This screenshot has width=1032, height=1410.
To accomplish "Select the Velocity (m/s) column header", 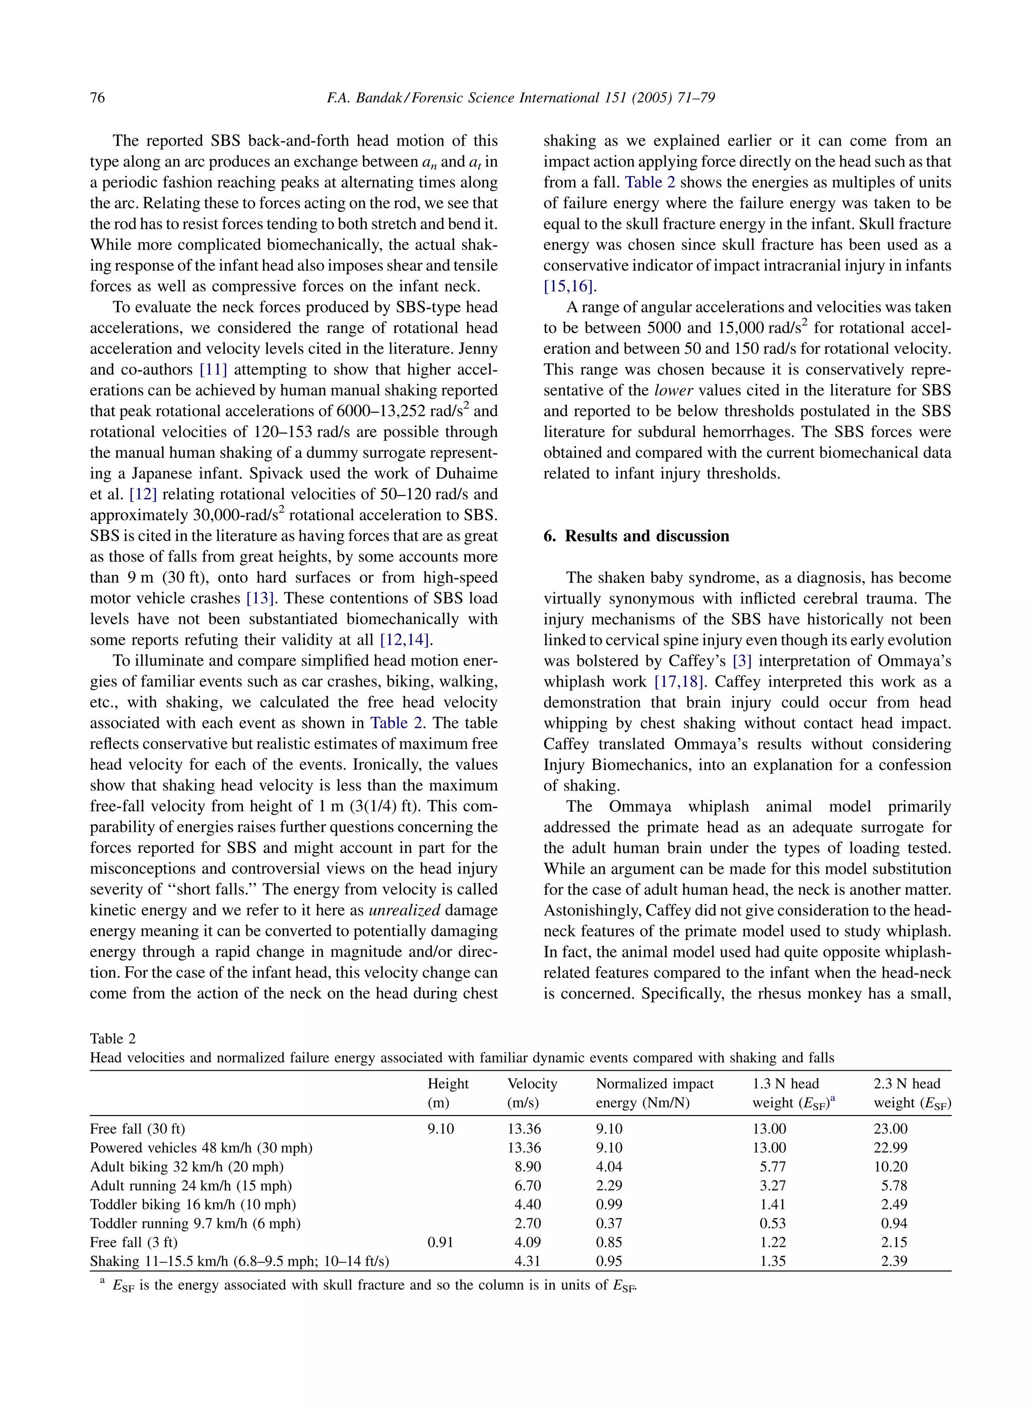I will (x=532, y=1092).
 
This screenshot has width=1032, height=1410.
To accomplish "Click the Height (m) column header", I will (x=447, y=1092).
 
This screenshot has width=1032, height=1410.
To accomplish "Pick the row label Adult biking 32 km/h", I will (x=187, y=1166).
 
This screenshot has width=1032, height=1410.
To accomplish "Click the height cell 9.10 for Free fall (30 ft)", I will (x=440, y=1129).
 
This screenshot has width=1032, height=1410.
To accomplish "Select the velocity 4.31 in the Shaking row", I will (x=527, y=1261).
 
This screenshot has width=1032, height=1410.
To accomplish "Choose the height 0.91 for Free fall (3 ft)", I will (x=440, y=1242).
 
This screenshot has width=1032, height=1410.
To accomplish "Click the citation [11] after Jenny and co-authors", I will (x=213, y=370).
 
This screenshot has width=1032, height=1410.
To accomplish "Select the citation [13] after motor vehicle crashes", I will (x=261, y=598).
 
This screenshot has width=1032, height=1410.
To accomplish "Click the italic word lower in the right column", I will (x=673, y=390).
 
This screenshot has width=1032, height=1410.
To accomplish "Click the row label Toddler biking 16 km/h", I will (x=192, y=1204).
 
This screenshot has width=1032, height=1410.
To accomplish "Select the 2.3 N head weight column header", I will (x=912, y=1092).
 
